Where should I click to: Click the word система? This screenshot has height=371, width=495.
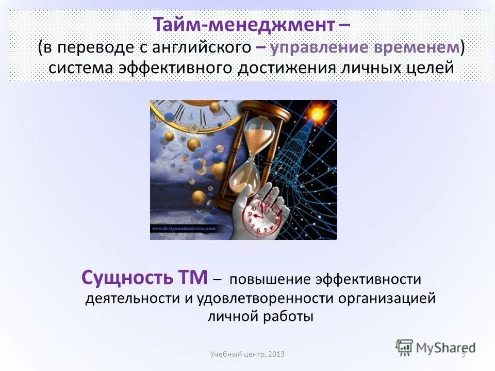(85, 69)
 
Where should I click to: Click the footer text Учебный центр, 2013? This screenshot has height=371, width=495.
(247, 355)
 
